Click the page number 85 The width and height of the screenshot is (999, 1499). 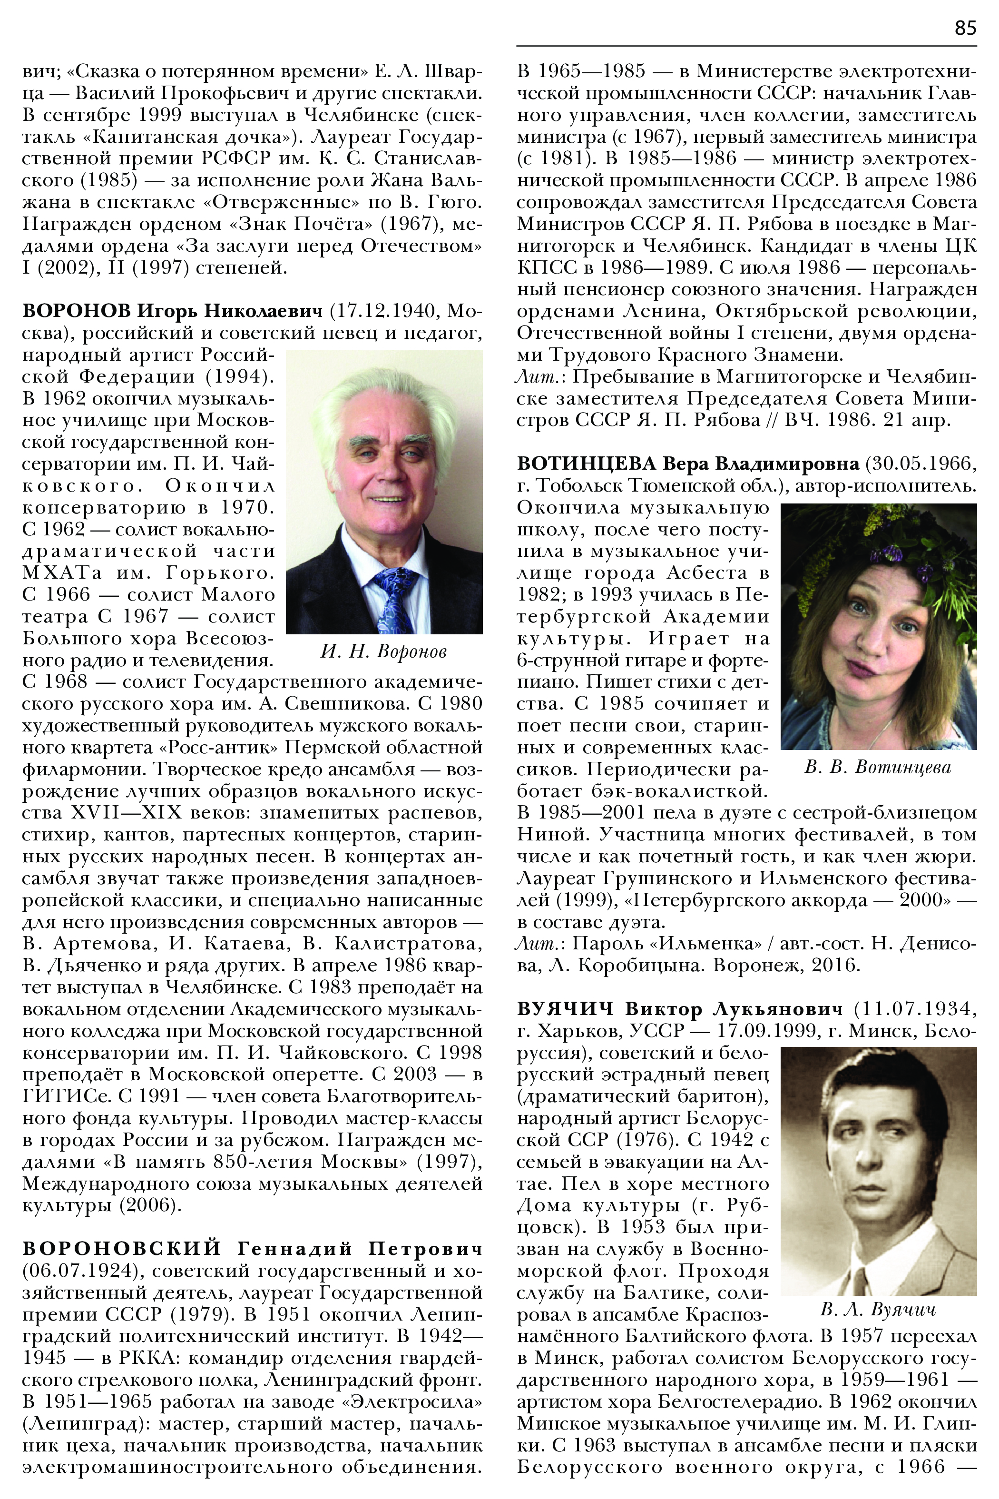965,28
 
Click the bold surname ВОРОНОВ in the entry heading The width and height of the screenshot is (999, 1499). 77,311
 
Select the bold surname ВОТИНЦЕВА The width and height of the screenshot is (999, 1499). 586,464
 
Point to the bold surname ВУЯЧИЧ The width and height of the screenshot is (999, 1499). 565,1009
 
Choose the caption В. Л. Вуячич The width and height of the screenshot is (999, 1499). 878,1310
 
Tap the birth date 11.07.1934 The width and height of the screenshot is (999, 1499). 916,1009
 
